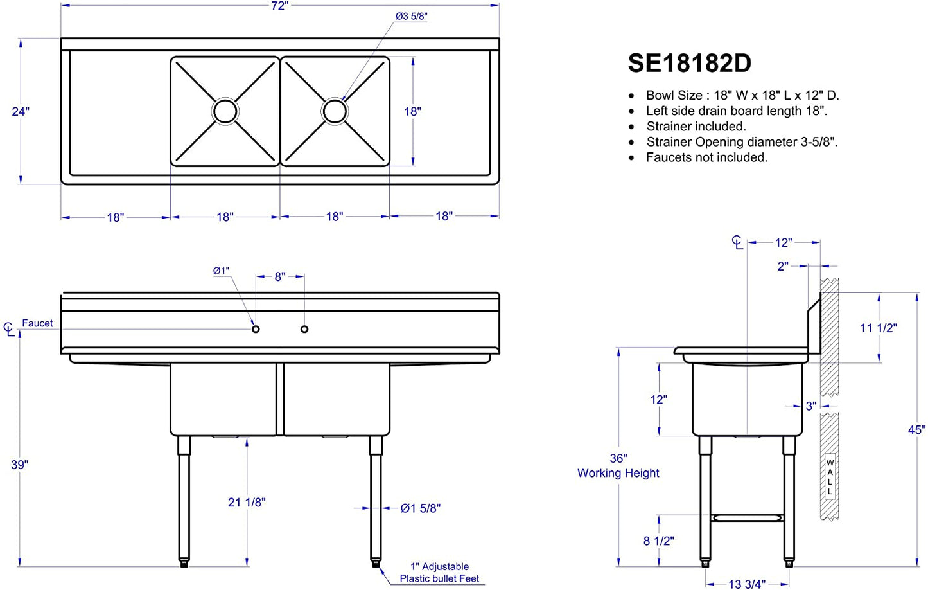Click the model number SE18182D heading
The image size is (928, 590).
point(689,63)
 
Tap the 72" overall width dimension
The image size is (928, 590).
point(280,6)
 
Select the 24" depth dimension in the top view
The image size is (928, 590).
point(21,112)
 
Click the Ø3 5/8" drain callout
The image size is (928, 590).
point(411,16)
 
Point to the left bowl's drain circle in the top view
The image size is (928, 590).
point(225,111)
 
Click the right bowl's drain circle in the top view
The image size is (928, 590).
point(335,111)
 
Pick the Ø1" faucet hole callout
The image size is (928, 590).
point(221,271)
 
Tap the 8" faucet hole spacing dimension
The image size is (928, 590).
point(280,276)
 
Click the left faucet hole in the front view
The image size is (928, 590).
point(256,329)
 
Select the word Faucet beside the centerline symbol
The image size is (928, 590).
point(37,323)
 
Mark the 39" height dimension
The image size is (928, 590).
point(19,465)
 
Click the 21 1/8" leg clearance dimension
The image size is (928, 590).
point(247,502)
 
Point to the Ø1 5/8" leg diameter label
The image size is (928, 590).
point(421,508)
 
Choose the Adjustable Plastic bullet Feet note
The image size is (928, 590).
point(439,572)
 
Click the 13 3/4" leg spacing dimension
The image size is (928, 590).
point(747,584)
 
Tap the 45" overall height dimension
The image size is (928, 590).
point(916,430)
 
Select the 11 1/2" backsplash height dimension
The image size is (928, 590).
point(879,328)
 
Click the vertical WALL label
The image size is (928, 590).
point(830,477)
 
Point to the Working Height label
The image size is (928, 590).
point(618,472)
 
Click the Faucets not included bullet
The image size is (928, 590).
point(707,157)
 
